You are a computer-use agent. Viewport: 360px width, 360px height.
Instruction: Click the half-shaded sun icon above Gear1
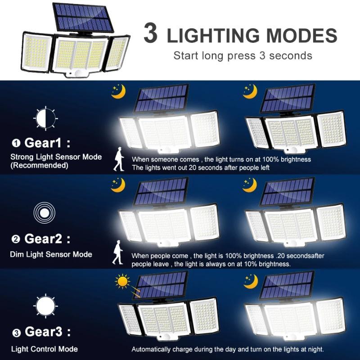tap(45, 118)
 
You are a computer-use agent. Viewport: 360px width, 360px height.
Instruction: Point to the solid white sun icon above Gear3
tap(45, 306)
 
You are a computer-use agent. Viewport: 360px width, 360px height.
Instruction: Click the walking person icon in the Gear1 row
tap(119, 160)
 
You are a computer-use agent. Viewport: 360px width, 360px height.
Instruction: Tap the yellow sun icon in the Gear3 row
tap(123, 283)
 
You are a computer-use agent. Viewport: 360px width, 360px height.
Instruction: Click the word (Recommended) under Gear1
tap(39, 165)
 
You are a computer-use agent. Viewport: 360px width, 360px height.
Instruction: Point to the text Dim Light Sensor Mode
tap(51, 254)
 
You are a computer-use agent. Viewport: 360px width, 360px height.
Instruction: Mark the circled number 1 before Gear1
tap(17, 144)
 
